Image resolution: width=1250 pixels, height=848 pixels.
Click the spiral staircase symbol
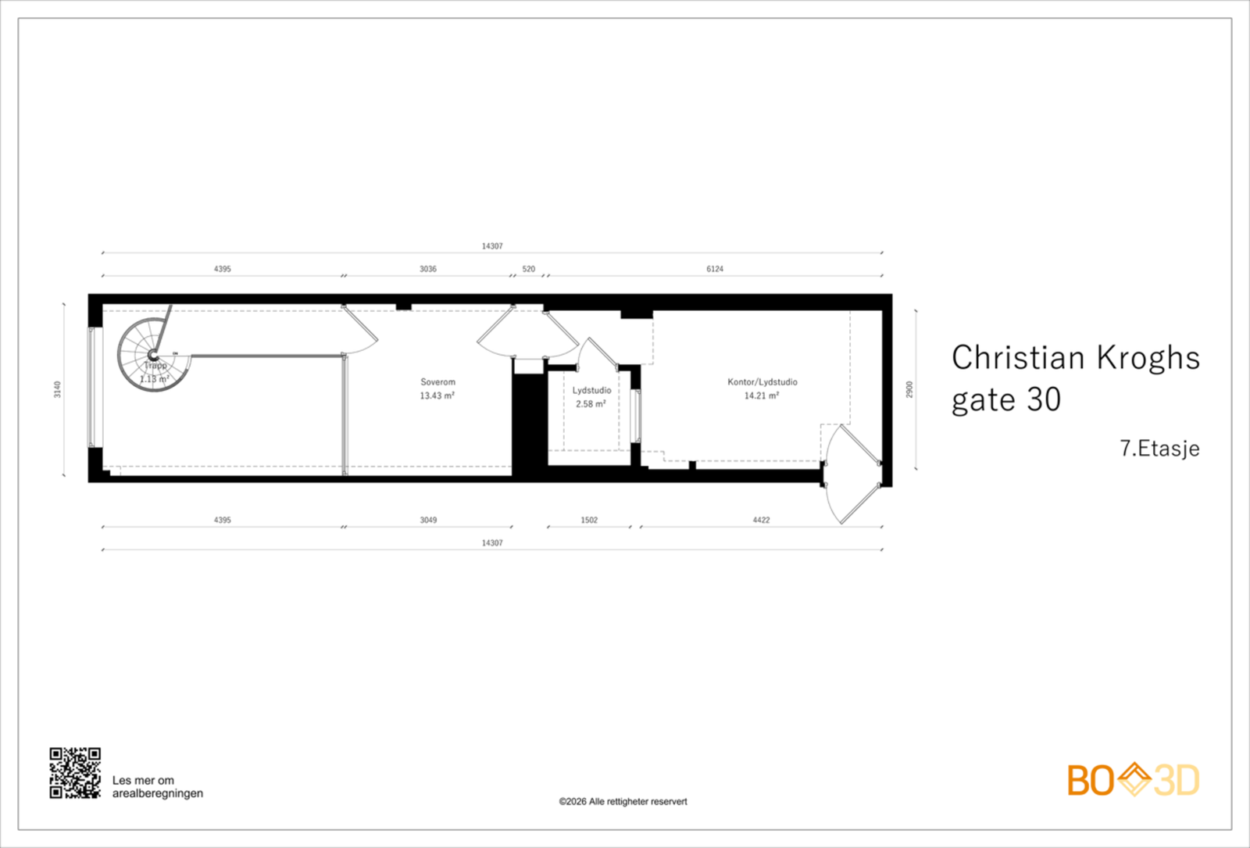154,356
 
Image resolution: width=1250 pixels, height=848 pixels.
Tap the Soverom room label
437,382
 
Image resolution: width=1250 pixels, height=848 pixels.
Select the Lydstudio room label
591,390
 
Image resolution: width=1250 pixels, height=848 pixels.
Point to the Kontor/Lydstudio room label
762,382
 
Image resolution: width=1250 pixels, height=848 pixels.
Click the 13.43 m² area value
437,395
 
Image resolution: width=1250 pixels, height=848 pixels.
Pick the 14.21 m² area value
761,395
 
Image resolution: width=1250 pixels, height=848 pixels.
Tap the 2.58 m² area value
591,404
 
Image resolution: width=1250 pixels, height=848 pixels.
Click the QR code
75,773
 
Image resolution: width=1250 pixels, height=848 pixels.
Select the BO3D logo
1133,780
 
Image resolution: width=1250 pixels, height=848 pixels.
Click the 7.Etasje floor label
1159,449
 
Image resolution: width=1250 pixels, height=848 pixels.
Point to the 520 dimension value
529,269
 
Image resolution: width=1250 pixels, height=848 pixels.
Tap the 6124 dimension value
715,269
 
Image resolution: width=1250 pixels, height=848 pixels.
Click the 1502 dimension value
589,520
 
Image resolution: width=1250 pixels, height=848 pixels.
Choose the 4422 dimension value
761,520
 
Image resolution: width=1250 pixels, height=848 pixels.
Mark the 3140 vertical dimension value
57,389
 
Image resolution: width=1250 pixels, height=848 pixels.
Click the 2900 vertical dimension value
909,389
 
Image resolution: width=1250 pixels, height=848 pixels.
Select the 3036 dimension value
428,269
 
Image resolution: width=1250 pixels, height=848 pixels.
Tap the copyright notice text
623,801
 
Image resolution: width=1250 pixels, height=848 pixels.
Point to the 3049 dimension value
428,520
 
